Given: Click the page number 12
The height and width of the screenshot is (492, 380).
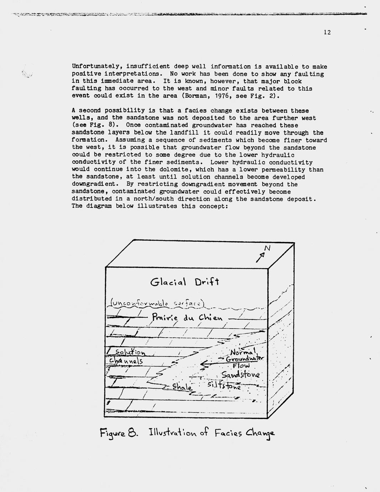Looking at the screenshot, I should (x=327, y=32).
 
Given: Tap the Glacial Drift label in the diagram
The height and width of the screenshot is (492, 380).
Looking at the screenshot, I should (x=184, y=282).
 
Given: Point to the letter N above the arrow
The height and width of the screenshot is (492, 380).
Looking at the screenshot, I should (x=267, y=248).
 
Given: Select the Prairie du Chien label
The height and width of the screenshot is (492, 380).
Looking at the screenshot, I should (x=187, y=317).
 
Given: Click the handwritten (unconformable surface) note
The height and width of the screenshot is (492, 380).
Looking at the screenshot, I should (x=156, y=303).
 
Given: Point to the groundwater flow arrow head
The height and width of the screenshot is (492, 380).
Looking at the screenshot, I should (x=203, y=364).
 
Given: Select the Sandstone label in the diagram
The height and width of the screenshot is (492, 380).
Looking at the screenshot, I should (x=240, y=375).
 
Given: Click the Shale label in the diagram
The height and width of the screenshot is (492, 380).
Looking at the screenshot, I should (x=182, y=387).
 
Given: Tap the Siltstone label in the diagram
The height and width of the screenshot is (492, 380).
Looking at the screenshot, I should (x=224, y=385).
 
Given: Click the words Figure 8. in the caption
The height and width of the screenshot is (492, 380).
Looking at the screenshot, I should (x=118, y=433).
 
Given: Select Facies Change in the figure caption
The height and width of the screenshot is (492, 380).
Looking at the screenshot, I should (x=244, y=433).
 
